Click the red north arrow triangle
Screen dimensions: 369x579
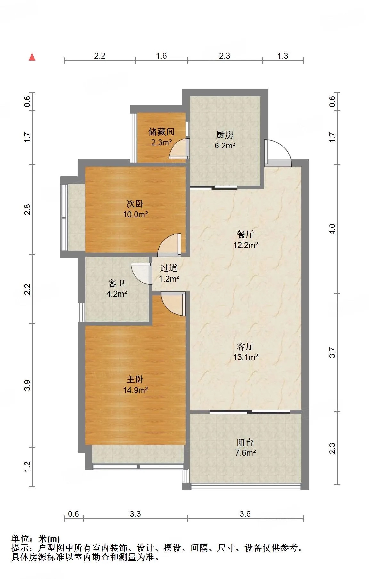point(32,57)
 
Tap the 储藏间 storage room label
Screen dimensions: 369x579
point(161,131)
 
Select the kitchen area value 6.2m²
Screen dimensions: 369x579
point(225,146)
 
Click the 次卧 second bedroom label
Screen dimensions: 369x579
point(135,203)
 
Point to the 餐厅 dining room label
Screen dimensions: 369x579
point(245,234)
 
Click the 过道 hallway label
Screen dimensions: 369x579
point(169,268)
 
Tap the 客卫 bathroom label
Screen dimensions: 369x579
point(117,283)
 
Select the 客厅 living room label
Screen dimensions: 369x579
point(245,346)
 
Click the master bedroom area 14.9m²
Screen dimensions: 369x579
point(135,390)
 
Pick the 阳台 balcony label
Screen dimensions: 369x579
point(245,442)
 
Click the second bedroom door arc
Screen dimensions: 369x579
point(169,245)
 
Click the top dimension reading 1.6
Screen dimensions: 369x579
point(161,56)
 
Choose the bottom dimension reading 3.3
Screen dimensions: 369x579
point(135,514)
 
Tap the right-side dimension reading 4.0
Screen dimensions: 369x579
point(332,229)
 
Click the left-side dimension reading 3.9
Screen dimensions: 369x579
point(27,385)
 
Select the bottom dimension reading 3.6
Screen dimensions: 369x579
point(245,514)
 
